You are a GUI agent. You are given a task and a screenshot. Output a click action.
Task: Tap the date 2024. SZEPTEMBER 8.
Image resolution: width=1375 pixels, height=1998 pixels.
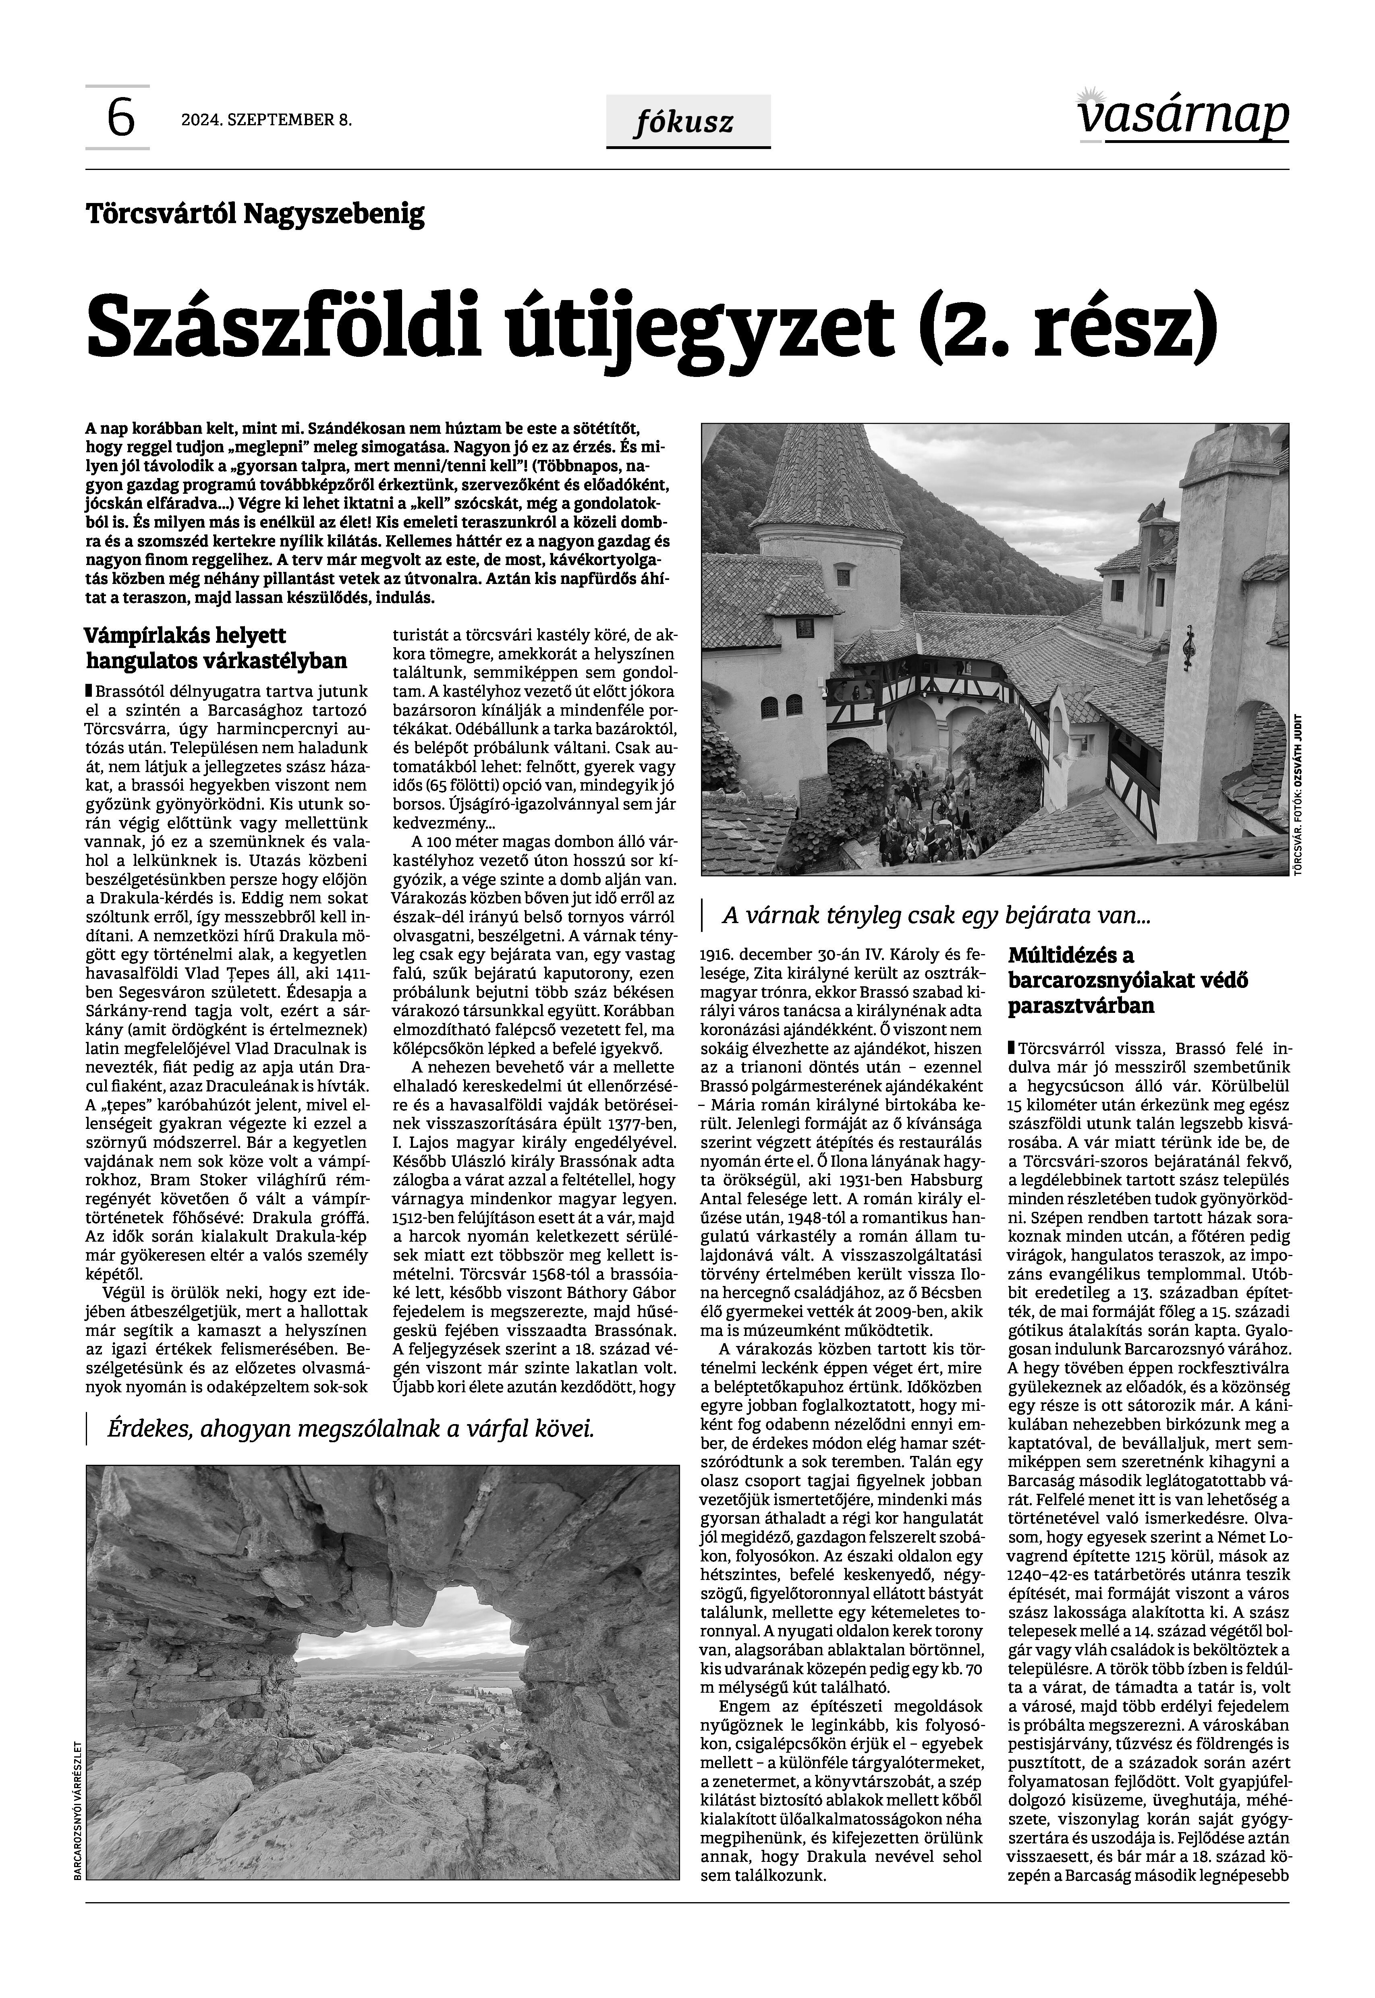click(x=266, y=120)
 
